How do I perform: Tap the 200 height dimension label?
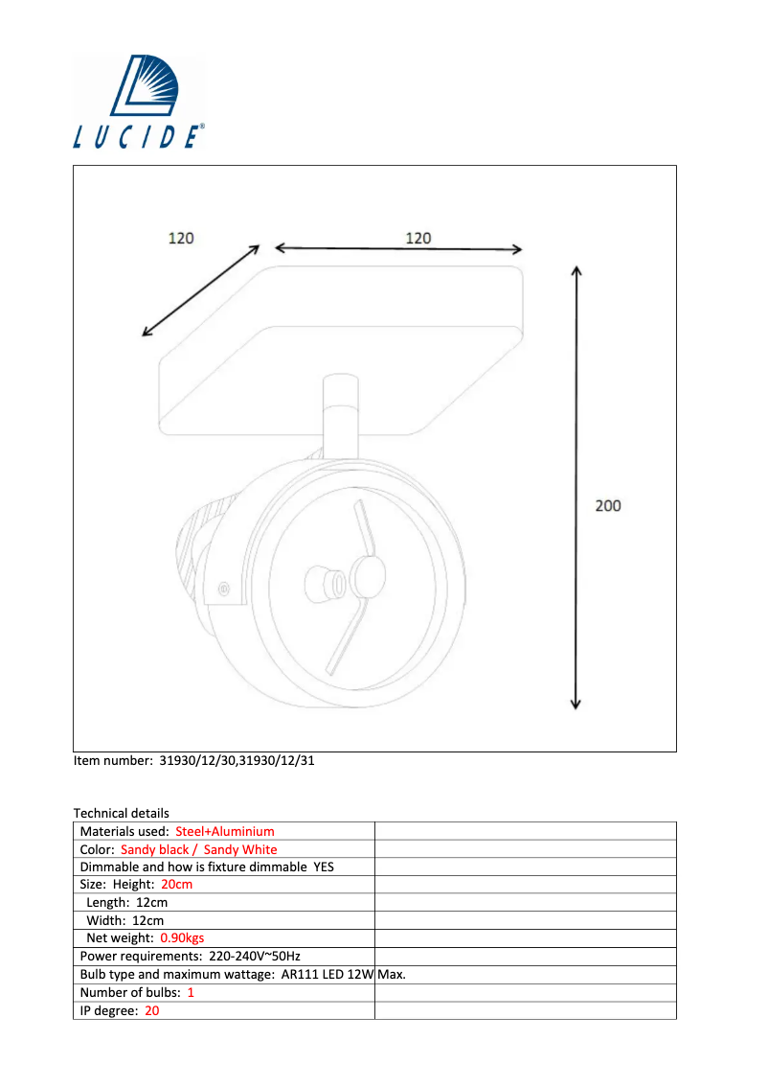[608, 505]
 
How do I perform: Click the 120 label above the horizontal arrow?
[418, 238]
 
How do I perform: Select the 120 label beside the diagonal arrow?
[181, 238]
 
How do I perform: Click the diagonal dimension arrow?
[201, 290]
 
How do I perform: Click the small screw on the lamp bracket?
[224, 587]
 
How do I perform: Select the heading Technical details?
[121, 813]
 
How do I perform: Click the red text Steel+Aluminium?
[225, 831]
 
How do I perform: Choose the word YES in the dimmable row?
[324, 867]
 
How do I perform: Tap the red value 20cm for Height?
[176, 884]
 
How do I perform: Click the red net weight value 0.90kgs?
[182, 937]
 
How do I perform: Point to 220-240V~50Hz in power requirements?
[255, 956]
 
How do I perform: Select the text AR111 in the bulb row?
[300, 974]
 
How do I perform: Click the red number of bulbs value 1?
[191, 992]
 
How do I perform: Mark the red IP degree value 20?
[152, 1010]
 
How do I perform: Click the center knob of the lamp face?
[366, 577]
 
